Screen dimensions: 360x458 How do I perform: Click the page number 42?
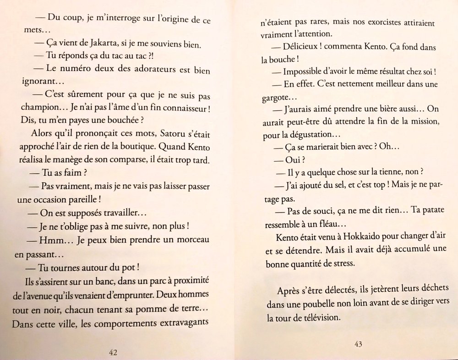click(x=114, y=352)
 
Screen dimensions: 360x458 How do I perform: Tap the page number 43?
click(x=358, y=344)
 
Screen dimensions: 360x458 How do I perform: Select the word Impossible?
click(x=305, y=72)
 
